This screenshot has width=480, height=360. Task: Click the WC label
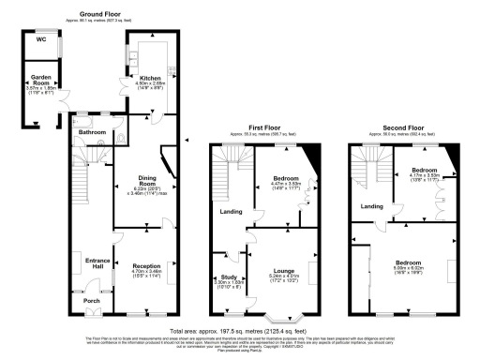(40, 39)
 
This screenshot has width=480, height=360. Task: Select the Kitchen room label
(150, 78)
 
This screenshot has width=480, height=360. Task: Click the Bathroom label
(92, 132)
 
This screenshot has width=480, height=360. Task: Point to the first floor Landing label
(231, 212)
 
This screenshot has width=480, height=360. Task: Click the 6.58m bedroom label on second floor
(407, 261)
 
